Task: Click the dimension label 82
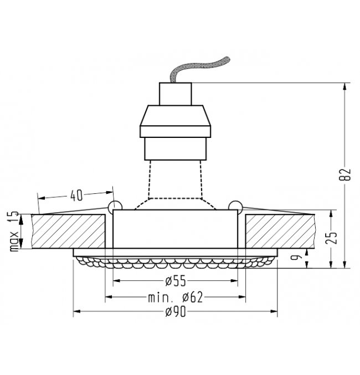(344, 174)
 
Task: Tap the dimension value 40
(76, 196)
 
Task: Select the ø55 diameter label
(176, 281)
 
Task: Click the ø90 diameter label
(176, 312)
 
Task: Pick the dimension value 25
(331, 238)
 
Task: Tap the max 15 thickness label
(14, 231)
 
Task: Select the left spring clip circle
(115, 207)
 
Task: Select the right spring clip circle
(235, 207)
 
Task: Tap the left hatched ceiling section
(69, 232)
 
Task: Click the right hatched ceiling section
(280, 232)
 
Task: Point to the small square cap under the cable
(176, 94)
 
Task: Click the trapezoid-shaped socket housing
(176, 121)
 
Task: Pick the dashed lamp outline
(176, 185)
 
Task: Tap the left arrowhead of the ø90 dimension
(76, 311)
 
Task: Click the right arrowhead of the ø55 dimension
(234, 280)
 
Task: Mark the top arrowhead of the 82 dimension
(344, 86)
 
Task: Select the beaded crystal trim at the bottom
(176, 263)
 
